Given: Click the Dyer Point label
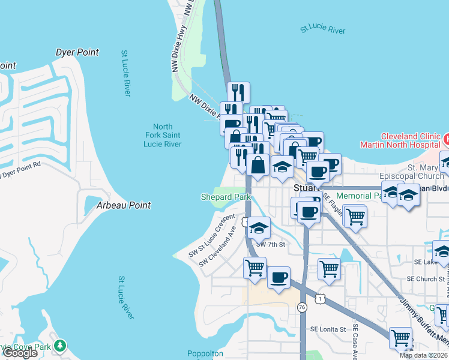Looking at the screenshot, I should [x=77, y=53].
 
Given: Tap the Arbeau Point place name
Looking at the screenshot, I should [x=123, y=205].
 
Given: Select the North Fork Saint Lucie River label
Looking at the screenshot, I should [x=163, y=136].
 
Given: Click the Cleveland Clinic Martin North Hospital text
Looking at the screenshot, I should [x=400, y=140].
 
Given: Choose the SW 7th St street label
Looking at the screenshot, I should [x=270, y=244].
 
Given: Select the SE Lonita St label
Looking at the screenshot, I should [x=328, y=329].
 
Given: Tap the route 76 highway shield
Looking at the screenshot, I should [x=303, y=307].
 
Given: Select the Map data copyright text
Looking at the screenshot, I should [x=423, y=355].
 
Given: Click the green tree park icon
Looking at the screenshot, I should [x=59, y=346].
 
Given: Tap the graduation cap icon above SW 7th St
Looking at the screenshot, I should [x=259, y=228].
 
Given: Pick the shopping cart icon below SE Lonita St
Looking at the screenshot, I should [x=400, y=337].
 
